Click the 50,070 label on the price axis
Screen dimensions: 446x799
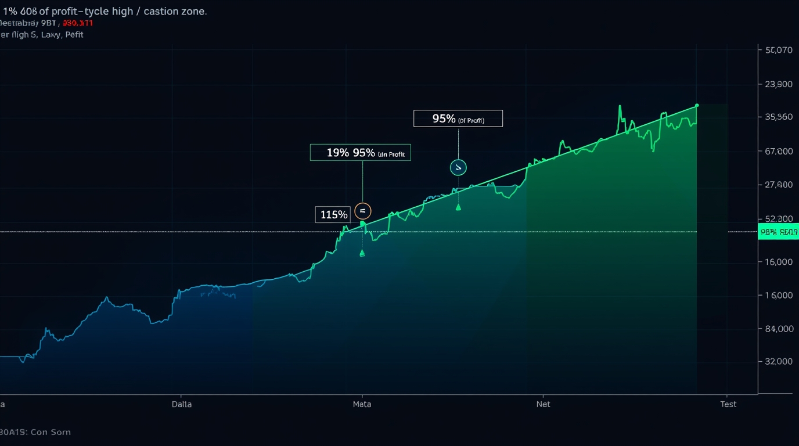[779, 50]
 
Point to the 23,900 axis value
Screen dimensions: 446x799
[779, 84]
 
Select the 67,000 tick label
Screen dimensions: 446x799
[779, 152]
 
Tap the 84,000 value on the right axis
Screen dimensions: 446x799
[779, 329]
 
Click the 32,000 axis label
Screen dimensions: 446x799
[779, 361]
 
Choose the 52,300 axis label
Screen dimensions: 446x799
[779, 219]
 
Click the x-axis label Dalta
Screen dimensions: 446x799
[182, 404]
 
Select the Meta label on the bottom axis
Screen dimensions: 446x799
[362, 404]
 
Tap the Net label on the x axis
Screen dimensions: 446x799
[543, 404]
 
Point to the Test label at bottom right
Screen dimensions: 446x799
[728, 404]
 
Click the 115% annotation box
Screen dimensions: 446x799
[333, 215]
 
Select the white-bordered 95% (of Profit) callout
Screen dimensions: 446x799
[458, 118]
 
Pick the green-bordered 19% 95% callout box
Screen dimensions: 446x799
[360, 153]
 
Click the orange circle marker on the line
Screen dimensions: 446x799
[362, 211]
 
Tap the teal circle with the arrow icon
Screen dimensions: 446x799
[458, 168]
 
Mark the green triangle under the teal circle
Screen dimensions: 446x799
[458, 207]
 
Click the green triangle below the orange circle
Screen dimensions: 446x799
[362, 253]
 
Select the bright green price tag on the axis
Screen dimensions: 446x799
[778, 232]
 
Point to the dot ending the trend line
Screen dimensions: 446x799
[697, 106]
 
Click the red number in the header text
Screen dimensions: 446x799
[77, 23]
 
